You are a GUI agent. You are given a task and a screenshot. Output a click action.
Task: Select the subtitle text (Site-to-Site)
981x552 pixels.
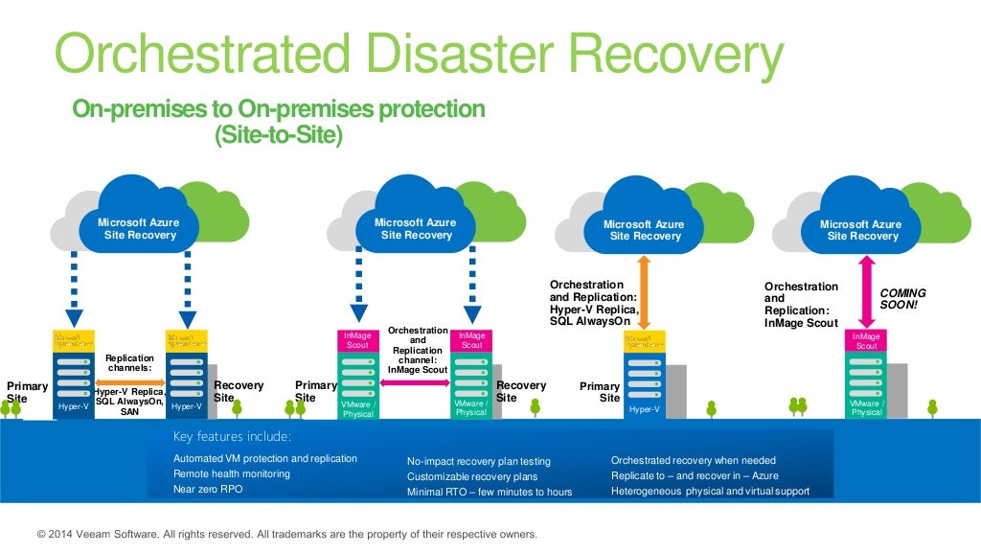(x=279, y=136)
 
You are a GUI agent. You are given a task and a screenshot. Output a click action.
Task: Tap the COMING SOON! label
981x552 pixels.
(x=902, y=298)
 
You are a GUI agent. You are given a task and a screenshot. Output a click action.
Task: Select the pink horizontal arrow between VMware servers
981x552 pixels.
(x=417, y=382)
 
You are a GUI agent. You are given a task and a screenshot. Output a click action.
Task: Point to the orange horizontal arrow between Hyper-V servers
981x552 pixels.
(x=129, y=381)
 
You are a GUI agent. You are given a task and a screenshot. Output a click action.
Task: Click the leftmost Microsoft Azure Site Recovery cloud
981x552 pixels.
(x=138, y=228)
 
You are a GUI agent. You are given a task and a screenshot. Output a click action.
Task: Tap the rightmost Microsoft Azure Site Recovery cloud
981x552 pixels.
(x=859, y=228)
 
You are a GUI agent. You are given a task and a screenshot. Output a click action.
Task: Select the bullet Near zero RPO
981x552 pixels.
(x=208, y=489)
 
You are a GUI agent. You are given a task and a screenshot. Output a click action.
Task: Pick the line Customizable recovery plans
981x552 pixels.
(x=472, y=476)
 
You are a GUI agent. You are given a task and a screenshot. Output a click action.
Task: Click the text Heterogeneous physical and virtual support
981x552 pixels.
(x=710, y=491)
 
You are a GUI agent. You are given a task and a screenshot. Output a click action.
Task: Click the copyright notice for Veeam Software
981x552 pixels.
(x=286, y=534)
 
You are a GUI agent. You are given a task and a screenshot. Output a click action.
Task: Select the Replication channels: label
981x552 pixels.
(x=129, y=362)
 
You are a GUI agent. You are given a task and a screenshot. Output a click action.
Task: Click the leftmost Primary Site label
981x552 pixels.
(x=26, y=392)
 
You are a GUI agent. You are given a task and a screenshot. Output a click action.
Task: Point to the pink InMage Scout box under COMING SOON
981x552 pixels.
(x=866, y=340)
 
